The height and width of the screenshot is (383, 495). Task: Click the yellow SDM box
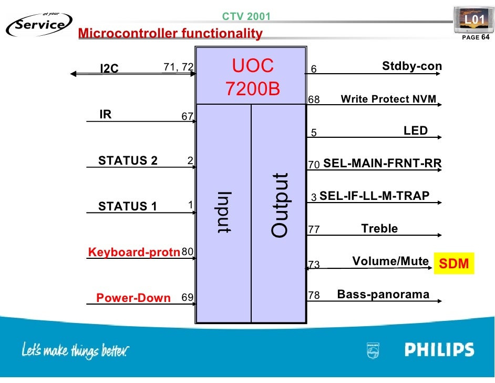click(453, 264)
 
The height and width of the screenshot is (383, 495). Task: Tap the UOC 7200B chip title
click(253, 77)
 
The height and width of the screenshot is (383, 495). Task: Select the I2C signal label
click(109, 68)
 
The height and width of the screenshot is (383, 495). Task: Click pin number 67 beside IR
click(187, 117)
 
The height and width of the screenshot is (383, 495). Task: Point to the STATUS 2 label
click(128, 161)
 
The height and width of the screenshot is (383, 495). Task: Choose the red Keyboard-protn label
click(134, 252)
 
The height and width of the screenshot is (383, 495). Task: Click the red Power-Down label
click(133, 298)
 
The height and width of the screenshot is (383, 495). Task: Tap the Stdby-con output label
click(412, 66)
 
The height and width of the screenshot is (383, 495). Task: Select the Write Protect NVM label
click(389, 99)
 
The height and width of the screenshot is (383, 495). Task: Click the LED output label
click(416, 131)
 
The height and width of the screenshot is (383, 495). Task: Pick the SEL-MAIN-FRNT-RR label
click(383, 164)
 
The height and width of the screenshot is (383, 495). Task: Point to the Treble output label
click(379, 228)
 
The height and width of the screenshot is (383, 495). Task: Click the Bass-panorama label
click(383, 294)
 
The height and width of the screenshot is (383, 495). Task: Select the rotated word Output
click(280, 205)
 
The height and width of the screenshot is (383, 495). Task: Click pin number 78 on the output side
click(314, 296)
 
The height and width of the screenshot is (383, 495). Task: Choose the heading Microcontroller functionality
click(170, 34)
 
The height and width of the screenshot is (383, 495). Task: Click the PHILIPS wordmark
click(439, 350)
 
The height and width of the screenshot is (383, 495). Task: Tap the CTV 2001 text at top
click(246, 16)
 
